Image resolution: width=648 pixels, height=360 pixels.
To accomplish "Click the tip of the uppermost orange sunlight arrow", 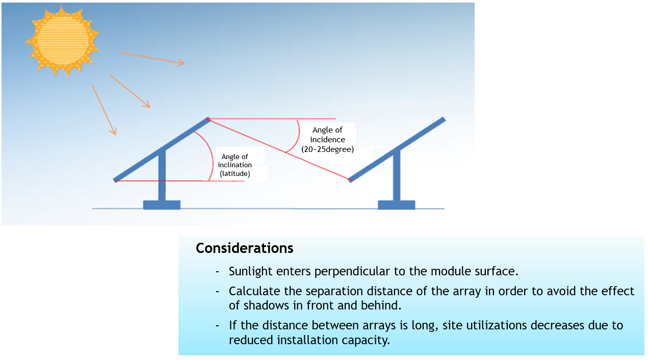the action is point(185,63).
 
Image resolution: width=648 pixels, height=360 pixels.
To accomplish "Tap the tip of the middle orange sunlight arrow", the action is point(150,108).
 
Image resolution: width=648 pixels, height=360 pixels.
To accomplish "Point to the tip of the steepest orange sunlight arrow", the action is point(115,135).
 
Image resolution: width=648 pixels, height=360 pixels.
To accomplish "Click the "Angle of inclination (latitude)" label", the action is point(235,165).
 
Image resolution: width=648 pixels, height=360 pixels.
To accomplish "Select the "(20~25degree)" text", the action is point(327,149).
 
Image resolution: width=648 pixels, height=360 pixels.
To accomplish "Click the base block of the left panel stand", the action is point(162,205).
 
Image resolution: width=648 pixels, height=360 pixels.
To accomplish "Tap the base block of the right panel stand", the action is point(396,205).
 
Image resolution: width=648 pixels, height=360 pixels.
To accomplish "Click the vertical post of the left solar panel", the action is point(162,175).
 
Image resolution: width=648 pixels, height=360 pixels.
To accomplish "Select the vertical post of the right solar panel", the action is point(397,175).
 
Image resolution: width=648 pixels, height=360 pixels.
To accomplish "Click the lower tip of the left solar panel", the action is point(115,181).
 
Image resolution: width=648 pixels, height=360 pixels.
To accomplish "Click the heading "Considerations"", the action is point(244,248).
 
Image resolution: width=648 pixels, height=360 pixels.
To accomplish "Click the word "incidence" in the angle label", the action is point(327,140).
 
